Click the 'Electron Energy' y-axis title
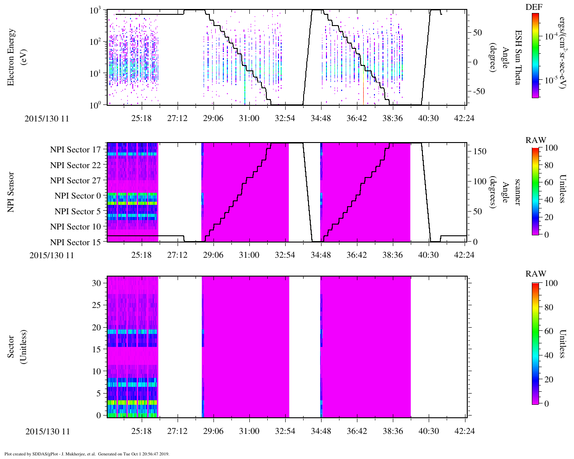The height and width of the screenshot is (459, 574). (12, 57)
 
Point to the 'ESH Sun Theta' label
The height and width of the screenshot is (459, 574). (517, 57)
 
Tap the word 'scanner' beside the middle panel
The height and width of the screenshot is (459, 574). (517, 192)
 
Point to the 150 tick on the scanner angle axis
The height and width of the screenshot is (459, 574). (480, 152)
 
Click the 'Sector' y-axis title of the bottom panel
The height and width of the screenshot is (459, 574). (12, 346)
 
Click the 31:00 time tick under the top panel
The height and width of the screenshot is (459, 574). (249, 118)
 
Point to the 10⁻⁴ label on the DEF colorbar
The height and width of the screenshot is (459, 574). (551, 36)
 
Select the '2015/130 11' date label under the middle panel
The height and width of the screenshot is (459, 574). (52, 255)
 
